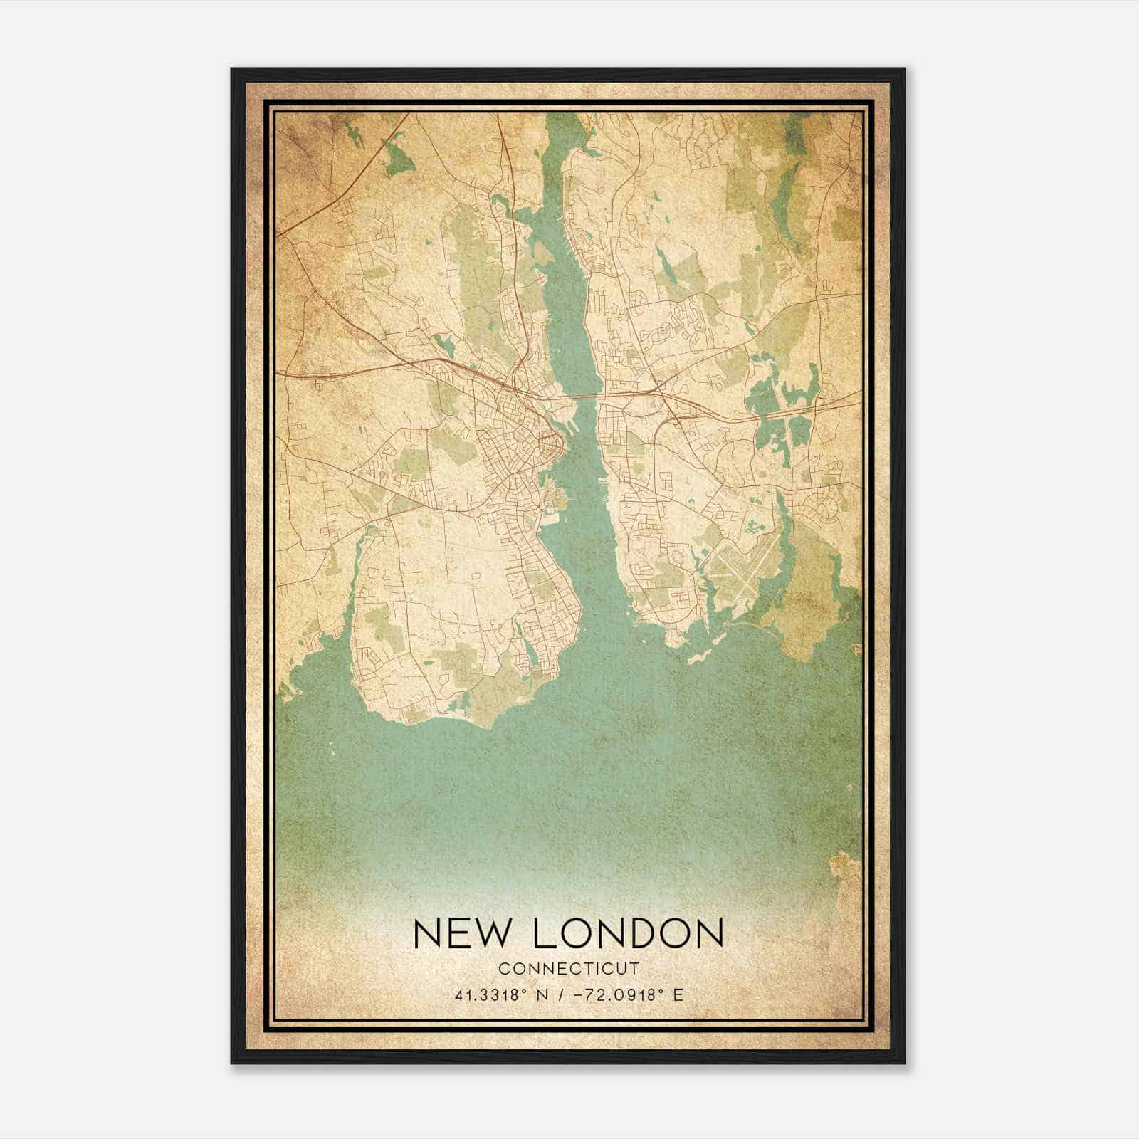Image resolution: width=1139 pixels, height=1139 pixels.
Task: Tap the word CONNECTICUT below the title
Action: (569, 969)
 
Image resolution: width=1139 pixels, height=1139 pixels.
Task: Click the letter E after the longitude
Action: (678, 995)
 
